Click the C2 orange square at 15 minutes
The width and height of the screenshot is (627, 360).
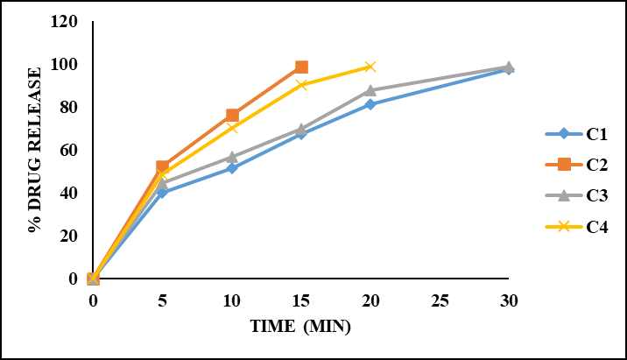(x=301, y=67)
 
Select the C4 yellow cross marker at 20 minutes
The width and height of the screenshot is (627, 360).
(x=370, y=67)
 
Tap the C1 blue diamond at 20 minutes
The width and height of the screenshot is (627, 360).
(x=370, y=104)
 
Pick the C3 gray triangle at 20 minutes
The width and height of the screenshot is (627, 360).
(x=370, y=90)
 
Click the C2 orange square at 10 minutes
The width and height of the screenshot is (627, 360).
(x=232, y=115)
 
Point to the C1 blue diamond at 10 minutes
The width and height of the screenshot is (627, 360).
(x=232, y=167)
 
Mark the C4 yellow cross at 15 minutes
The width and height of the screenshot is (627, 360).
(x=301, y=85)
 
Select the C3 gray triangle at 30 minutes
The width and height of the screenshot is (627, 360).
(x=509, y=67)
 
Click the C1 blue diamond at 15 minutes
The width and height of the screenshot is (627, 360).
(x=301, y=134)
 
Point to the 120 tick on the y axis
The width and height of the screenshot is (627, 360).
(x=68, y=22)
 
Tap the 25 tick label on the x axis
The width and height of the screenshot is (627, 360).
(x=440, y=300)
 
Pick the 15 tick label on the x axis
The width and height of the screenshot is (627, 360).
(x=301, y=300)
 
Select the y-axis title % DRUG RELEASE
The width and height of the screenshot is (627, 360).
(x=35, y=149)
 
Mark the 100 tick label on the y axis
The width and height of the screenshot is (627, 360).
(x=68, y=65)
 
